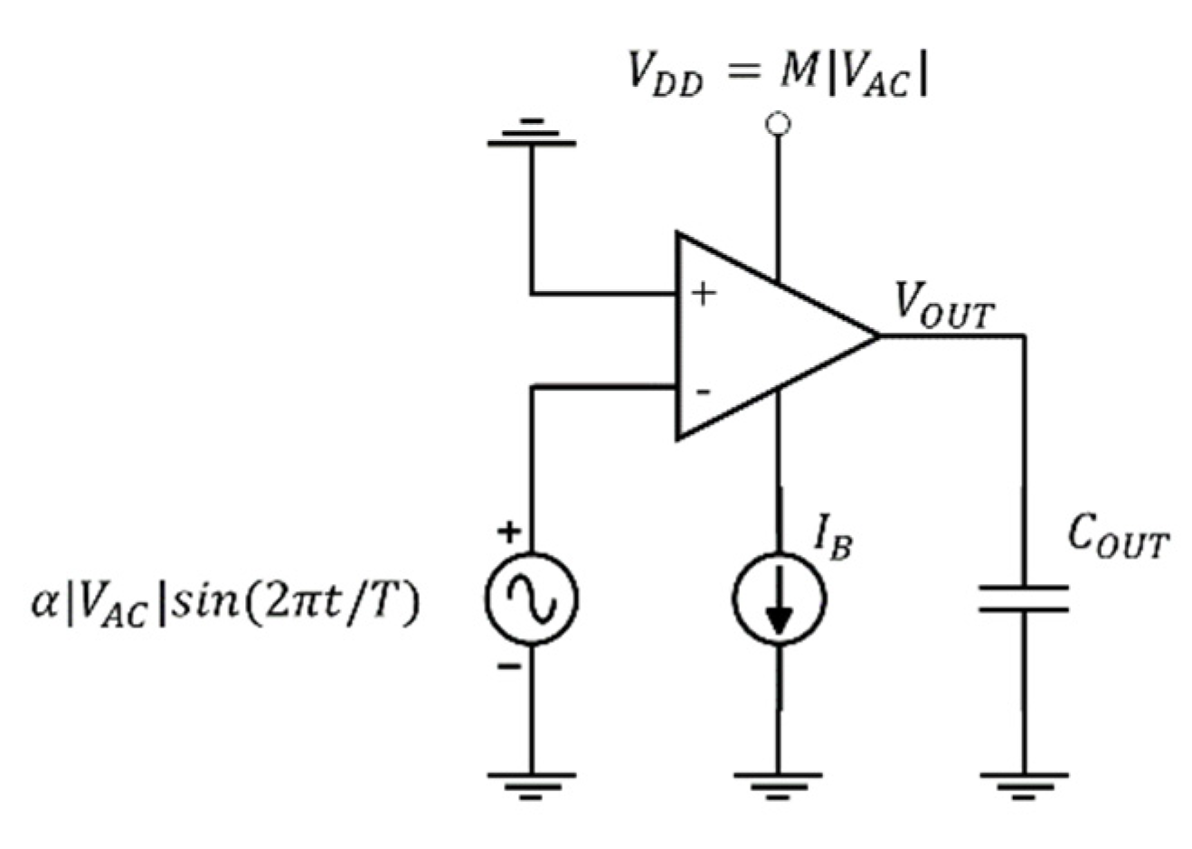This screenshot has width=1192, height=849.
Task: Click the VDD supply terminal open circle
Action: coord(777,124)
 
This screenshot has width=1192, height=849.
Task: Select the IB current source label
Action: coord(833,539)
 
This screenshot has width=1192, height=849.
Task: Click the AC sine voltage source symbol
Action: coord(531,599)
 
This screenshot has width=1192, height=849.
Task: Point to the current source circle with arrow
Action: coord(778,599)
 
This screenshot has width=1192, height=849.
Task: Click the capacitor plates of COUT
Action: coord(1024,599)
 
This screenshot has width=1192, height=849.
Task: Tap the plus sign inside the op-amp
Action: coord(704,294)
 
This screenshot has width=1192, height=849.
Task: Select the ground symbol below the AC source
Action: coord(531,784)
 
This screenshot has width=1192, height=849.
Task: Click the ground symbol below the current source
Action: coord(778,784)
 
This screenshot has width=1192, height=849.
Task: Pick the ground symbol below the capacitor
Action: coord(1024,784)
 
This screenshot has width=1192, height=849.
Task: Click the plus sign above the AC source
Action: coord(510,532)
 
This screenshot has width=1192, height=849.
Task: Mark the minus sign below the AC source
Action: coord(510,667)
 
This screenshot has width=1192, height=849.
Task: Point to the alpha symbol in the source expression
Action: coord(44,601)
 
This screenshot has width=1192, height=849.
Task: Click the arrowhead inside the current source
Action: coord(778,620)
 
